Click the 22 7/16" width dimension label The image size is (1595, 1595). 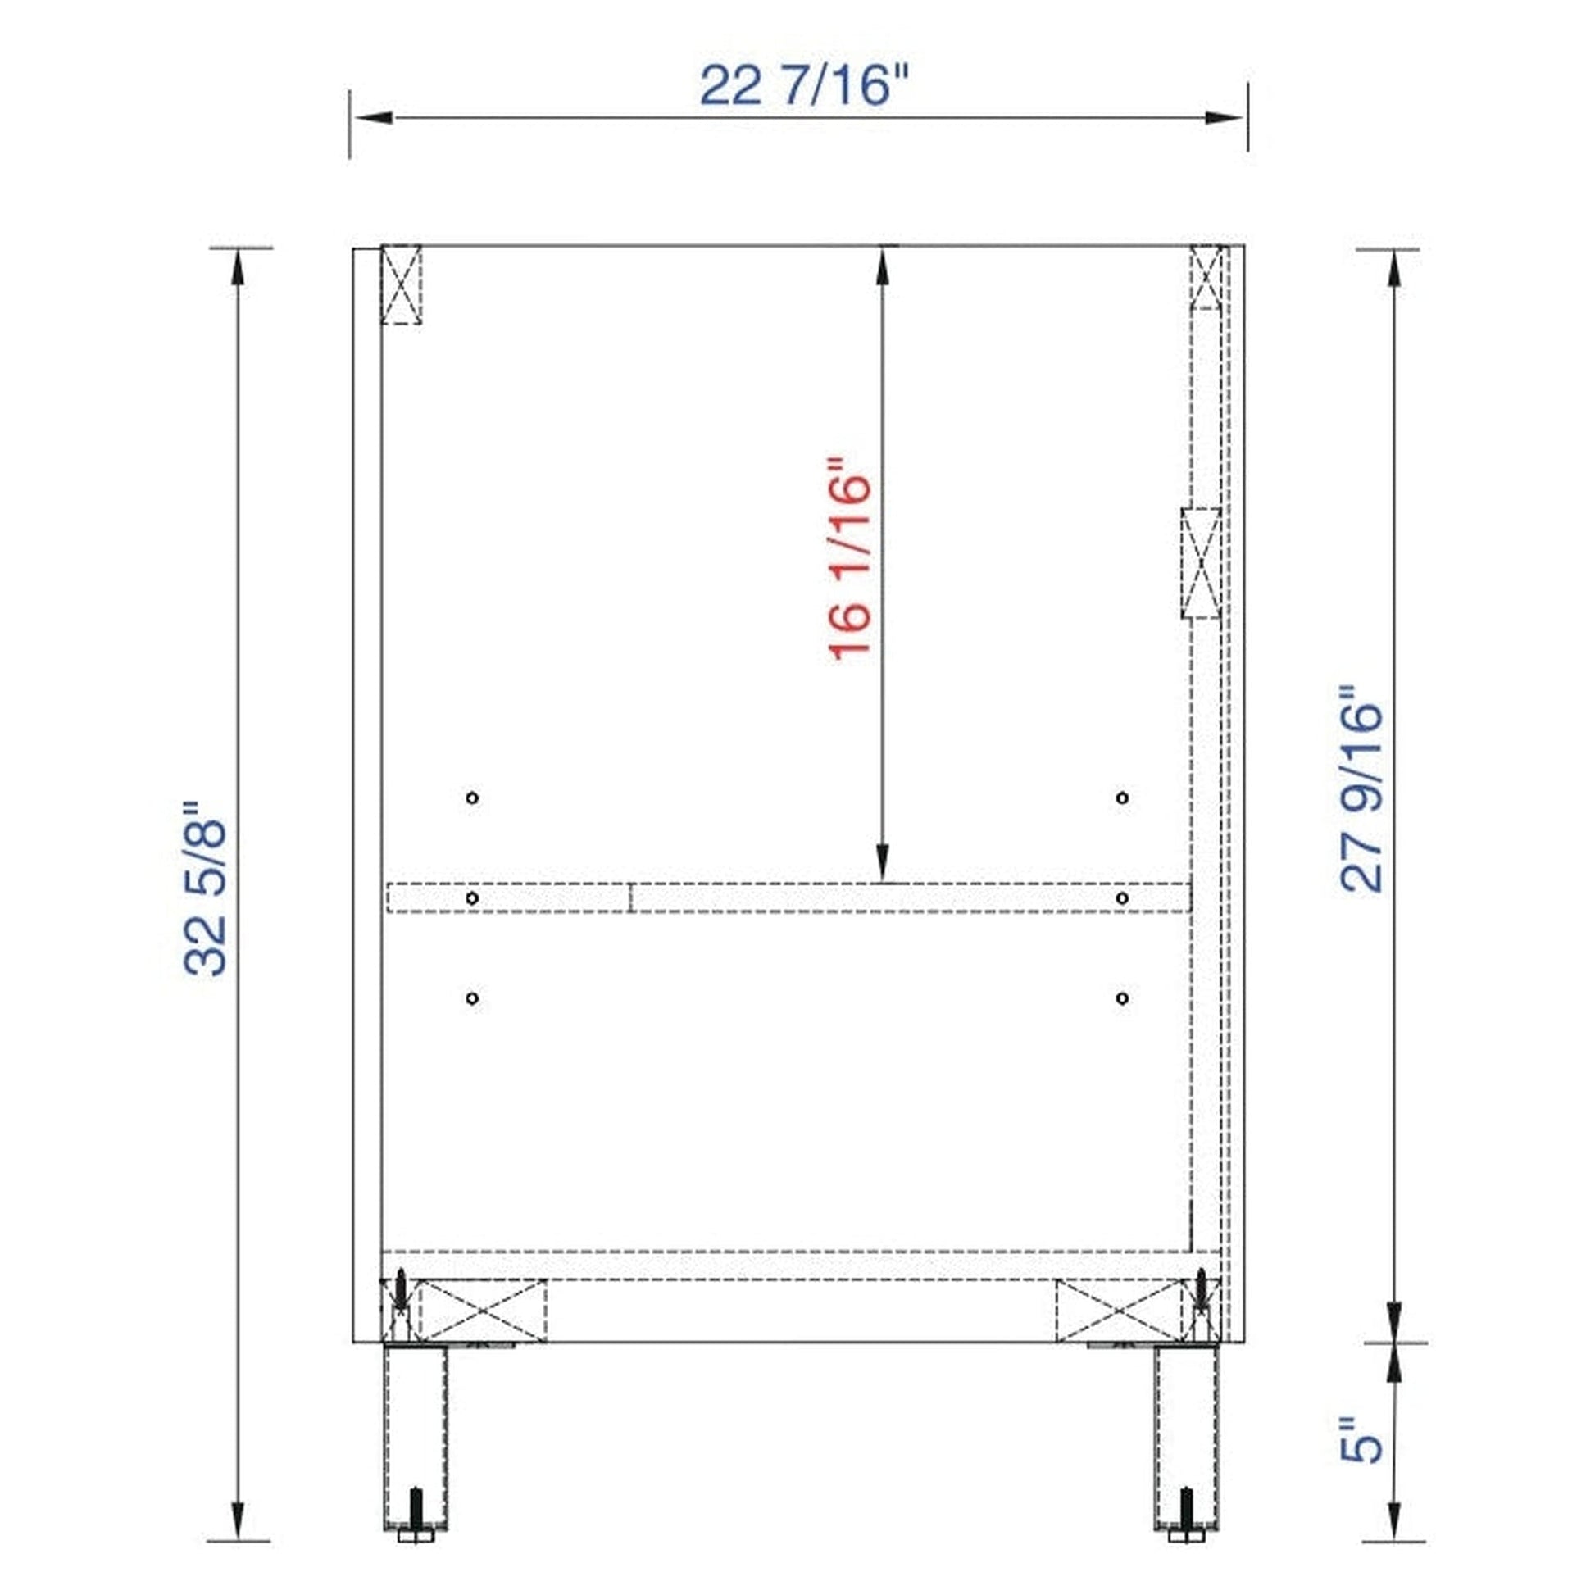(802, 85)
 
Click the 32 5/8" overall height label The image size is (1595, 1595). (205, 888)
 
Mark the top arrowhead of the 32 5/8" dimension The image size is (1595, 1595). (238, 268)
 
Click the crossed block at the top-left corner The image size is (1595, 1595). (401, 285)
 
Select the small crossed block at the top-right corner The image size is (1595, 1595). (1206, 276)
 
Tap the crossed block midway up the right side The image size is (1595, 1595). (1202, 563)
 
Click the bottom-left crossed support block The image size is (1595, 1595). (482, 1311)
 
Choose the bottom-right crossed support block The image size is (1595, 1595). (1120, 1311)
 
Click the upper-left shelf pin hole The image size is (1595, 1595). (472, 797)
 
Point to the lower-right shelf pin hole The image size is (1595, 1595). (1122, 998)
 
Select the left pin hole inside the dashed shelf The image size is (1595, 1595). (472, 897)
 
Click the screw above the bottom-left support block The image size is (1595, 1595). (401, 1288)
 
